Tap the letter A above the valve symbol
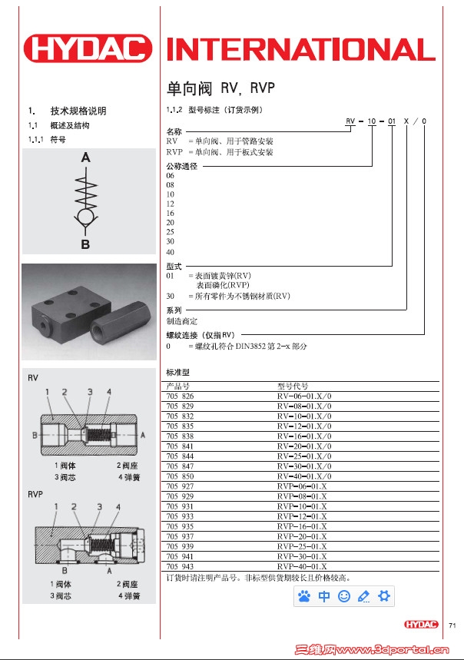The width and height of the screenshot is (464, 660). pos(86,158)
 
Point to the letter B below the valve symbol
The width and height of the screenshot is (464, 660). pos(86,245)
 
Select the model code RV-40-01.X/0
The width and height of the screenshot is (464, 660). pos(305,476)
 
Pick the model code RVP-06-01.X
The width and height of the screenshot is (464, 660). pos(302,486)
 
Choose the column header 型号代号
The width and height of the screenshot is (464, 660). pos(292,386)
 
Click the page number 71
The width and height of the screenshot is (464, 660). pos(452,624)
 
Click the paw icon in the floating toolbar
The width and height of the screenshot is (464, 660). pos(304,595)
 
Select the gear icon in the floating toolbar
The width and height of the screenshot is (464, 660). pos(384,595)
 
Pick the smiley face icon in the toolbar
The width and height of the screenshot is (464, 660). pos(344,595)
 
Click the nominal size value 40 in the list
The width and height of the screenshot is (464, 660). pos(171,253)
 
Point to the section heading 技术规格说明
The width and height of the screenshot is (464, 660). pos(78,111)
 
